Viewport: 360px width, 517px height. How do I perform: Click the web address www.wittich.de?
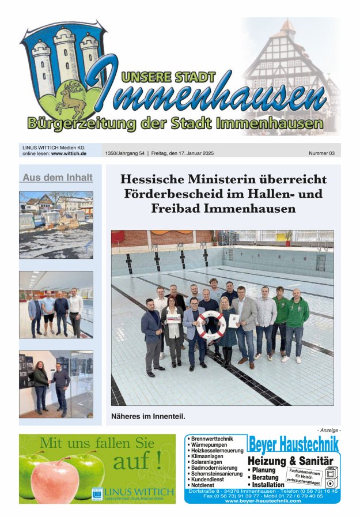pyautogui.click(x=69, y=154)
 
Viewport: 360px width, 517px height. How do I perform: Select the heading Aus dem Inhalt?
pyautogui.click(x=56, y=178)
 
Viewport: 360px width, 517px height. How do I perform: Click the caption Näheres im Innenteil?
pyautogui.click(x=148, y=416)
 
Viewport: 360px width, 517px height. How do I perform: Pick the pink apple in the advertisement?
pyautogui.click(x=55, y=481)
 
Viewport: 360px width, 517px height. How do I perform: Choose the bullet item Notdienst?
pyautogui.click(x=204, y=485)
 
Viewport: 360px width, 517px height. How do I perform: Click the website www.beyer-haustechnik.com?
pyautogui.click(x=263, y=501)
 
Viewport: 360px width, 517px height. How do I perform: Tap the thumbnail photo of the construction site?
pyautogui.click(x=56, y=224)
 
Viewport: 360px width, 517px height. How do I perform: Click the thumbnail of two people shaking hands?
pyautogui.click(x=56, y=384)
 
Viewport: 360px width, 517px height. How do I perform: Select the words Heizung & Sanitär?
pyautogui.click(x=290, y=461)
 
